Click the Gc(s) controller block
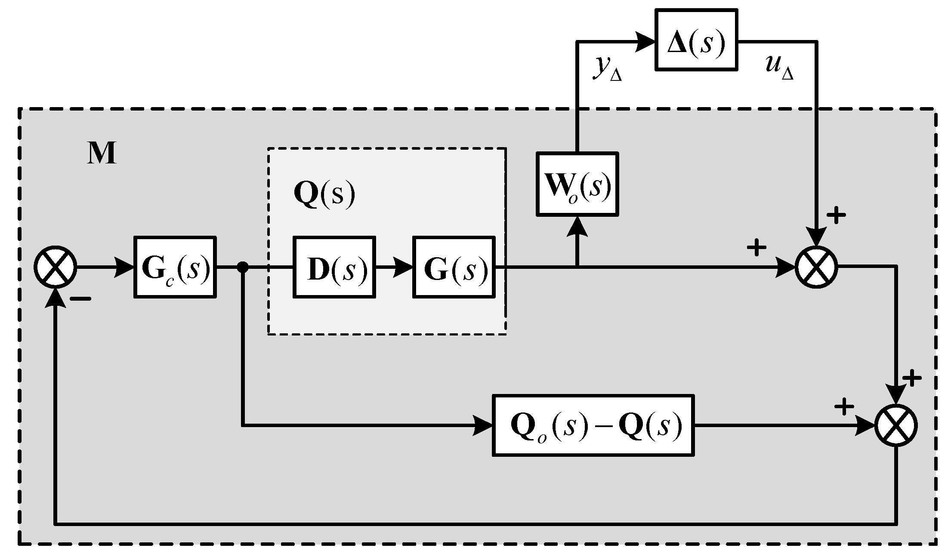click(175, 267)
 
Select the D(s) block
click(334, 267)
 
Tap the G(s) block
click(454, 267)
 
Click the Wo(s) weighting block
click(577, 184)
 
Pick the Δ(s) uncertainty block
click(696, 40)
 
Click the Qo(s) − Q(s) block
click(593, 425)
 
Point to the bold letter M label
click(102, 154)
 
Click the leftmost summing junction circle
click(56, 267)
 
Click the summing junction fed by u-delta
click(816, 267)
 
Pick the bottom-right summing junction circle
click(896, 425)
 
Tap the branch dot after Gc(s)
click(243, 267)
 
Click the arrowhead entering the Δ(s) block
click(645, 42)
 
